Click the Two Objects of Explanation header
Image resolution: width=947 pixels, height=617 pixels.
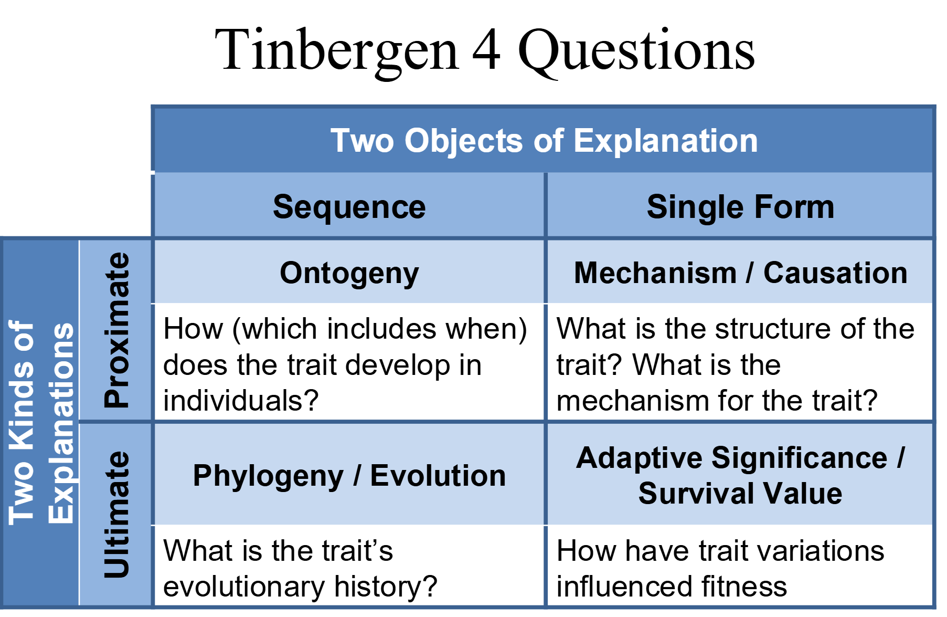[544, 141]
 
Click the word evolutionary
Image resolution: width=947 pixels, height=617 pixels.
[246, 587]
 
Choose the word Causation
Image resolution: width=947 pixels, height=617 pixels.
[835, 273]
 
